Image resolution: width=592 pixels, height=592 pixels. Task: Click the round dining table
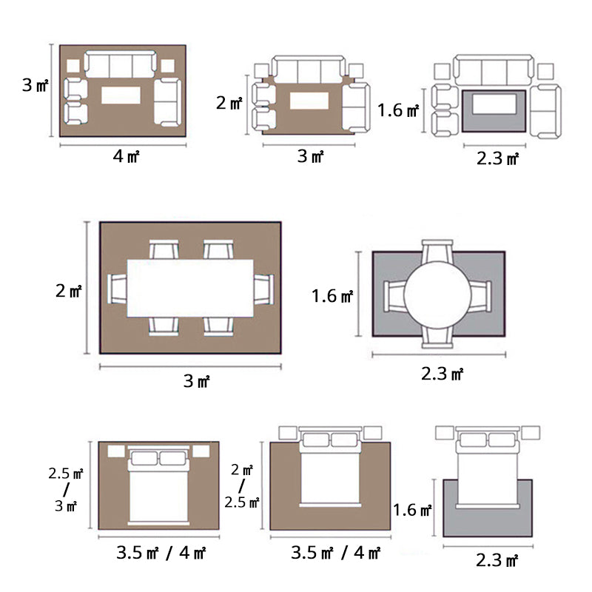point(437,295)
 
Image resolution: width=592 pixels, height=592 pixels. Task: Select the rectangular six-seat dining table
point(190,288)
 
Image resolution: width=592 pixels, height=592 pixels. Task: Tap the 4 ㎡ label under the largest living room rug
point(126,156)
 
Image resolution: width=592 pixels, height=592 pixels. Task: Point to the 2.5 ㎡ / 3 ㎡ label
point(66,489)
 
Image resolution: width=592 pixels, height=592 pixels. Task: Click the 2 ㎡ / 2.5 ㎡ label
point(242,486)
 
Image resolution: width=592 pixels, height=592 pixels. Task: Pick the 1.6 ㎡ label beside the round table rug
point(332,295)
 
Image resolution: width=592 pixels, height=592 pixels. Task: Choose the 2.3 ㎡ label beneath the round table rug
point(442,374)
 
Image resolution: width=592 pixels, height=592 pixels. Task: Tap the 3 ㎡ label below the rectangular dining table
point(196,380)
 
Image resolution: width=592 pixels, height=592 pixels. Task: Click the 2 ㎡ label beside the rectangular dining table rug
point(68,291)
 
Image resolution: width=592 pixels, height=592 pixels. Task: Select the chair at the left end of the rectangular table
point(117,289)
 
